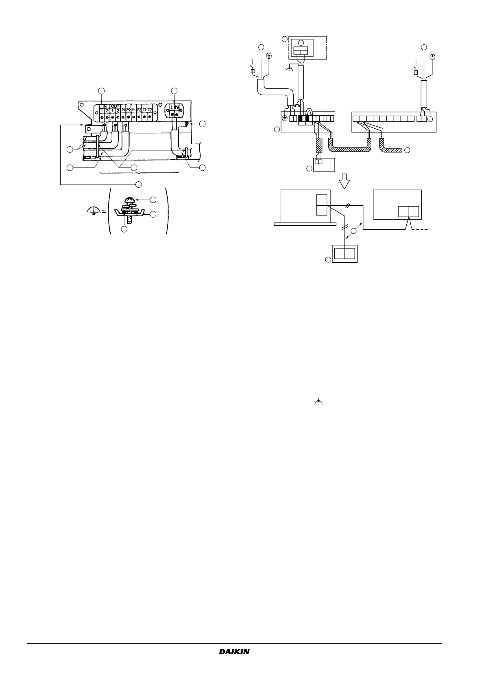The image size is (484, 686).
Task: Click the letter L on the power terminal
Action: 172,107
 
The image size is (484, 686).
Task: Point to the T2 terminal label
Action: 150,110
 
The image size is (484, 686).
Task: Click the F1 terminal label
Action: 134,110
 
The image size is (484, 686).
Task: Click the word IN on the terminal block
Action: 104,106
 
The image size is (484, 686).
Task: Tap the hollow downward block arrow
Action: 345,180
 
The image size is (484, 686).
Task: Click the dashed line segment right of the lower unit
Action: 422,230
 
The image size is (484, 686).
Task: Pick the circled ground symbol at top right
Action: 433,57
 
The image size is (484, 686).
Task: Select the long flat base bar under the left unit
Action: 305,223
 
